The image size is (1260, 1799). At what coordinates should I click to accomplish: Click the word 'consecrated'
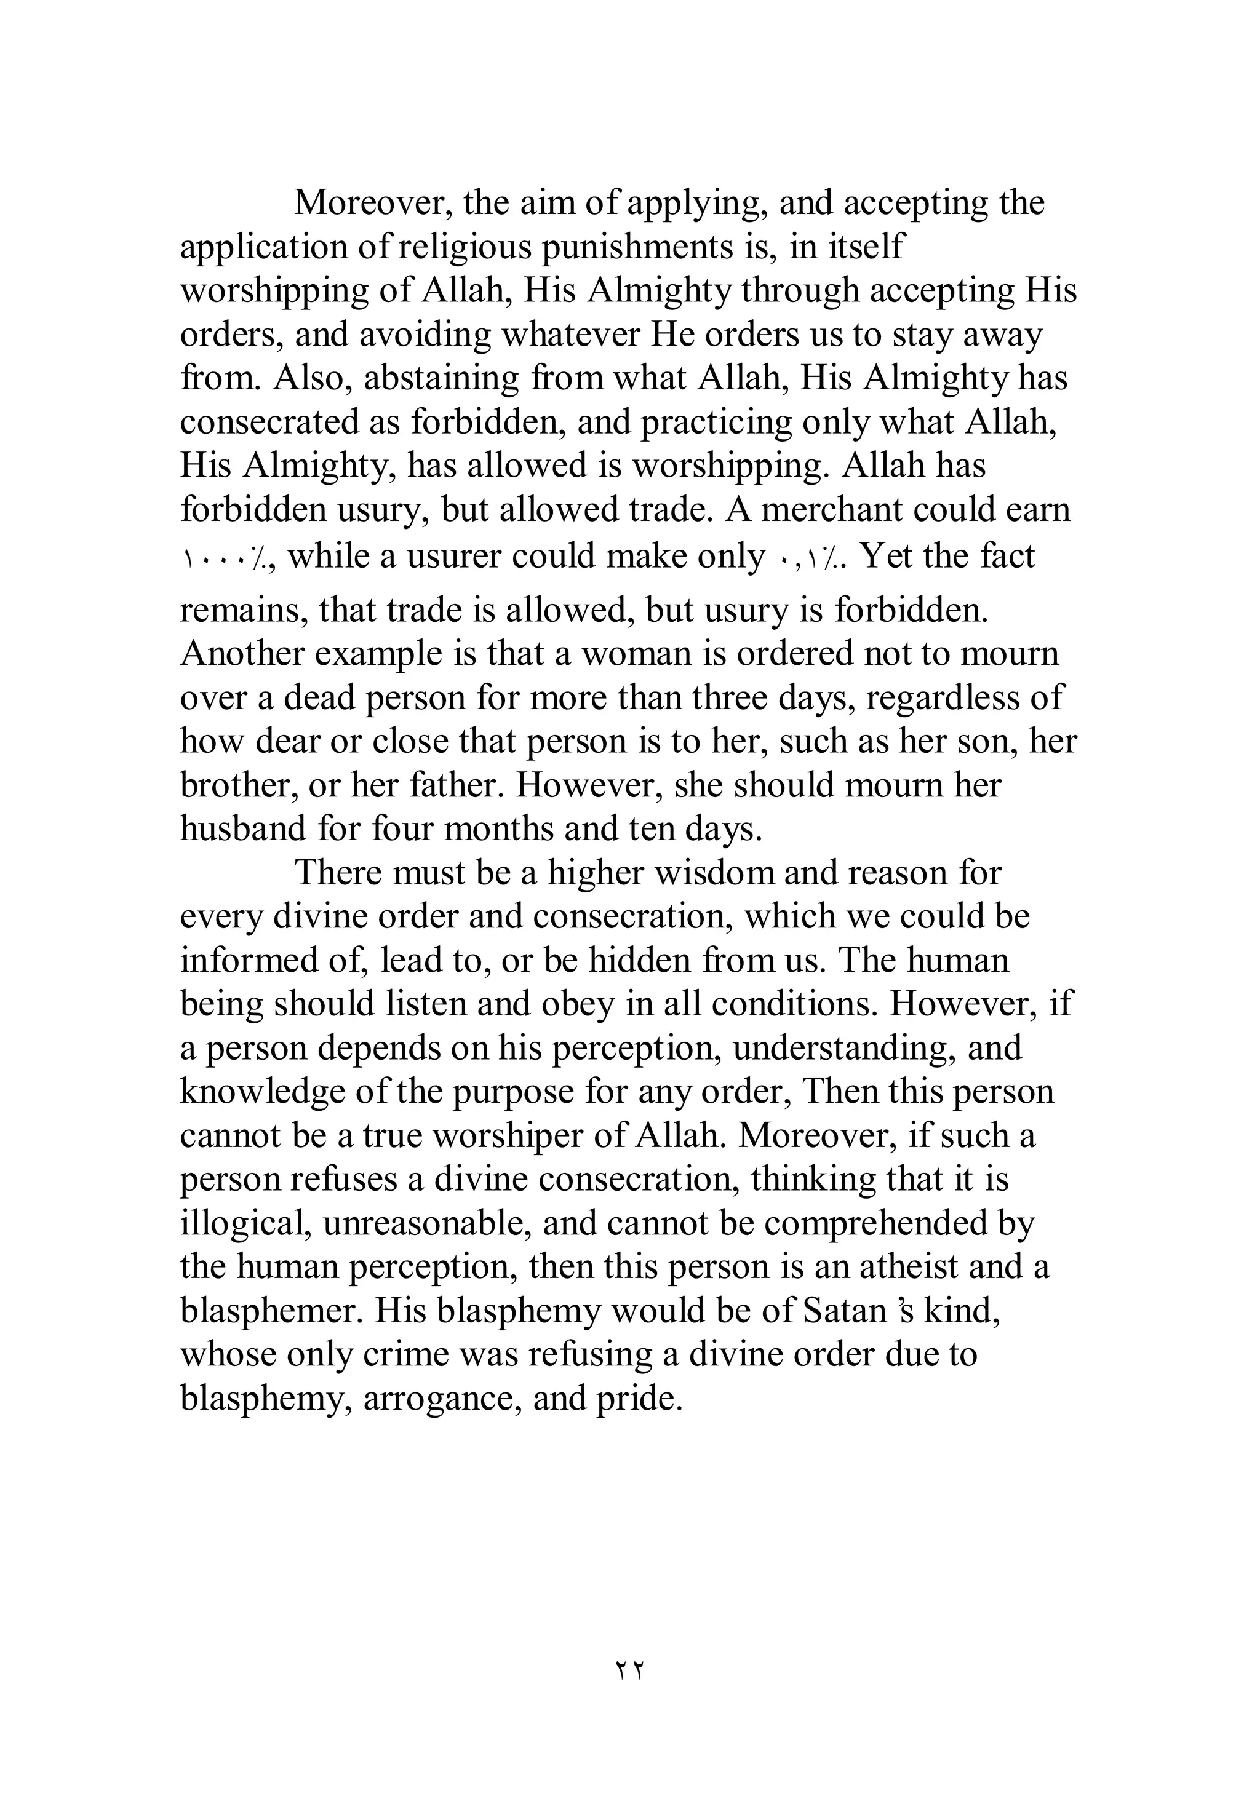click(266, 423)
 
